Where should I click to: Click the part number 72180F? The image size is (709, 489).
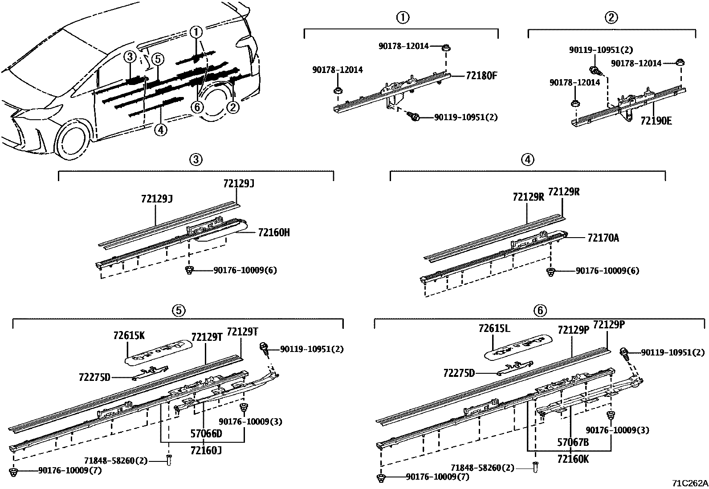(481, 76)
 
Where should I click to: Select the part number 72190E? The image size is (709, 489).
(656, 121)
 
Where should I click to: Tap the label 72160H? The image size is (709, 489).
(273, 232)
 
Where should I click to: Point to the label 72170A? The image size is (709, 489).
(603, 238)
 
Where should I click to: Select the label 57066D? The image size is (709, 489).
(206, 433)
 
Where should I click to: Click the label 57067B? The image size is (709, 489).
(573, 442)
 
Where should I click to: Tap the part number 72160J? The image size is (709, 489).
(206, 451)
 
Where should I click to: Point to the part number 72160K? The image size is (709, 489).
(573, 459)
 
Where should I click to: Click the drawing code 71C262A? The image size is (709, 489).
(690, 483)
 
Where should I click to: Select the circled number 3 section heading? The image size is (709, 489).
(196, 159)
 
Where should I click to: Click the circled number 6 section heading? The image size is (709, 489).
(539, 310)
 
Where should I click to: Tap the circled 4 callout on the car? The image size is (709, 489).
(160, 129)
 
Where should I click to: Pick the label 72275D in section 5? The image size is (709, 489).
(94, 378)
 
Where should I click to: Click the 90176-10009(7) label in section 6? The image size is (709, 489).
(437, 477)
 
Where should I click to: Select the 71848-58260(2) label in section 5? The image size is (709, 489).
(116, 461)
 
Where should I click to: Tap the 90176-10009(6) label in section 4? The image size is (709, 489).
(607, 271)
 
